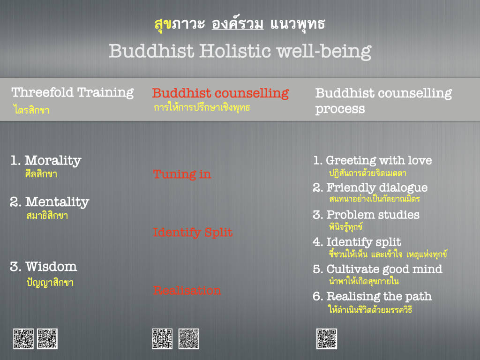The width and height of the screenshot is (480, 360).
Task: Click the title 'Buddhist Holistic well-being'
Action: pyautogui.click(x=240, y=51)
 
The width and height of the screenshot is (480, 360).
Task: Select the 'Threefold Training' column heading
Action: pyautogui.click(x=73, y=92)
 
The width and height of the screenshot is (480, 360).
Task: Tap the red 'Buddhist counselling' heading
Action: pyautogui.click(x=220, y=93)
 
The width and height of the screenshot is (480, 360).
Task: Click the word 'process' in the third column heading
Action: pyautogui.click(x=340, y=109)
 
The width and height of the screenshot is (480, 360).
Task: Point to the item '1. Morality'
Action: pyautogui.click(x=46, y=160)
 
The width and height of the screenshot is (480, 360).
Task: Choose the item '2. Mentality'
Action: pyautogui.click(x=50, y=202)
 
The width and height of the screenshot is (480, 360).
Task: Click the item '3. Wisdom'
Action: pyautogui.click(x=44, y=267)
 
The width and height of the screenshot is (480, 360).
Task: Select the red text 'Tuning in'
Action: pyautogui.click(x=182, y=174)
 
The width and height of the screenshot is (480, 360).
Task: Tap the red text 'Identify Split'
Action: pyautogui.click(x=193, y=232)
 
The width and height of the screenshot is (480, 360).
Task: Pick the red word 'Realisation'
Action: pyautogui.click(x=187, y=291)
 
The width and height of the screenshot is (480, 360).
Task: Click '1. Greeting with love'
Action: pyautogui.click(x=373, y=160)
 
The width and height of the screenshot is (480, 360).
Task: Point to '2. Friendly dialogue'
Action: pyautogui.click(x=370, y=187)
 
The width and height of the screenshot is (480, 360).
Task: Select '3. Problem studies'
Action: pyautogui.click(x=366, y=215)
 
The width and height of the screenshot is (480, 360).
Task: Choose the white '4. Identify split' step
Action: pyautogui.click(x=357, y=242)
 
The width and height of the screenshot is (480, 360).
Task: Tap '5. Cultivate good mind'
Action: pyautogui.click(x=378, y=269)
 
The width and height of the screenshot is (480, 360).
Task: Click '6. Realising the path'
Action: pyautogui.click(x=372, y=296)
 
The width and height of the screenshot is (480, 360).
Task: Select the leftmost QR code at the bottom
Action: pyautogui.click(x=23, y=339)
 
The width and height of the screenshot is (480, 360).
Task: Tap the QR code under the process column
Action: pyautogui.click(x=327, y=339)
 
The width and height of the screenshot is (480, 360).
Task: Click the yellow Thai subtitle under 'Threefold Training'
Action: pyautogui.click(x=31, y=110)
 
